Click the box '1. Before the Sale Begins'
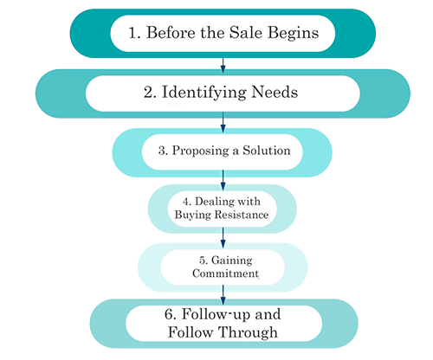pyautogui.click(x=223, y=35)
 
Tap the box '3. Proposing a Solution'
pyautogui.click(x=223, y=150)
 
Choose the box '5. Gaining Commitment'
pyautogui.click(x=223, y=265)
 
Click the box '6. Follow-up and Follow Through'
pyautogui.click(x=223, y=322)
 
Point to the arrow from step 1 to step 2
pyautogui.click(x=223, y=64)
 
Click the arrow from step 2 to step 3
pyautogui.click(x=223, y=121)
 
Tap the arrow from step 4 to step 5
pyautogui.click(x=223, y=237)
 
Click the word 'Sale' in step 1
pyautogui.click(x=251, y=35)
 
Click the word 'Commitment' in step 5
pyautogui.click(x=223, y=273)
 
